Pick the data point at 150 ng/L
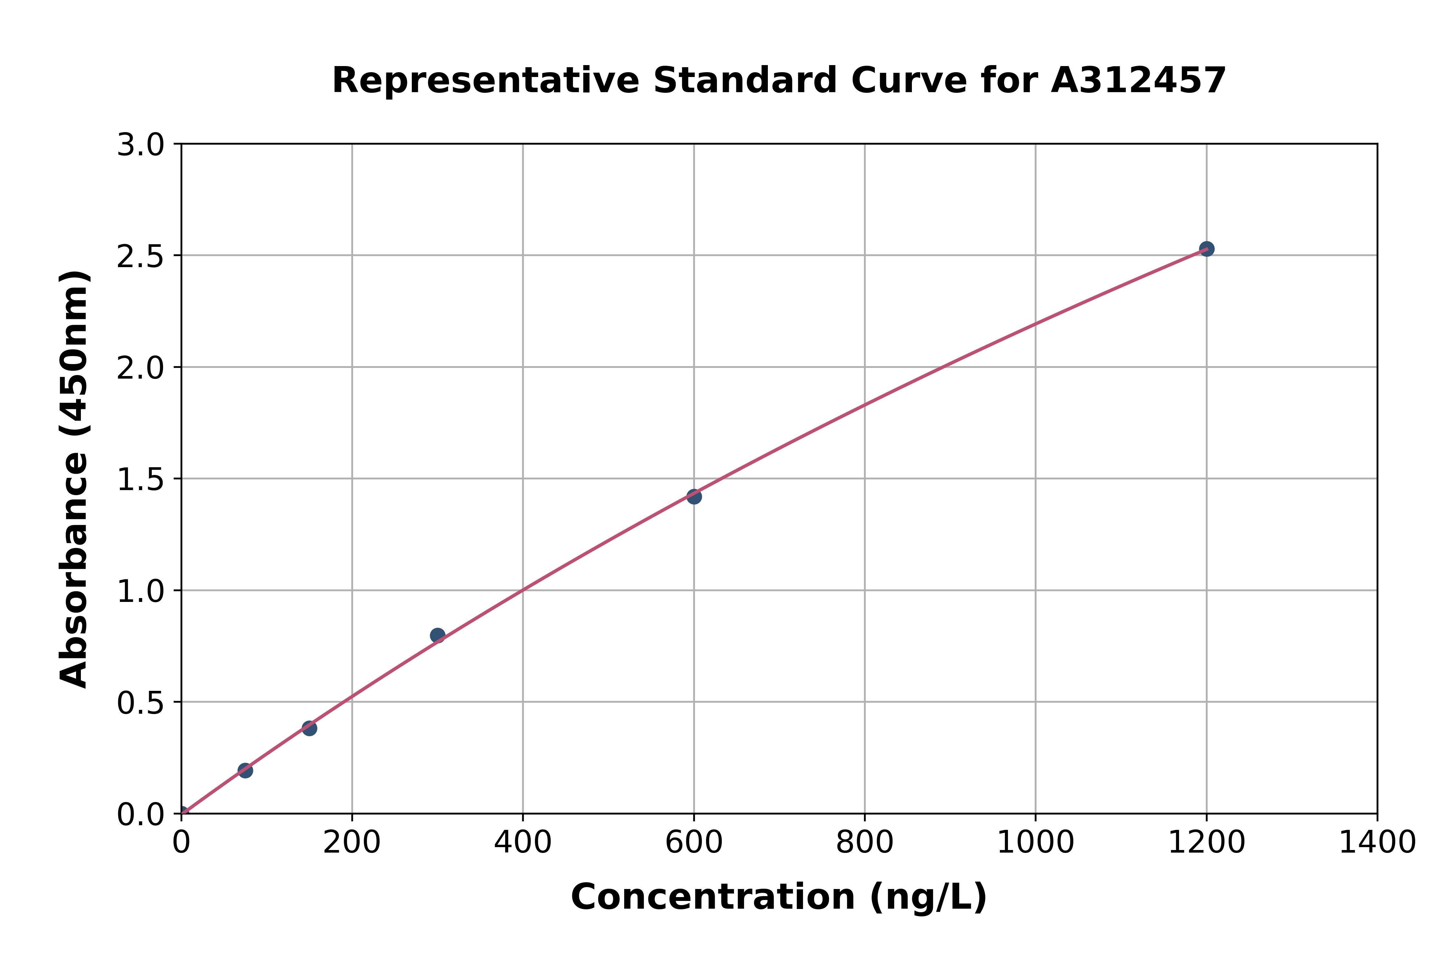(309, 728)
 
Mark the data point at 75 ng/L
(245, 770)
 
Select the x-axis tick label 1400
(1377, 843)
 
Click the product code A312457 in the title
(1138, 81)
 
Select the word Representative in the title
(485, 81)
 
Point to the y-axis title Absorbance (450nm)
(74, 479)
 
